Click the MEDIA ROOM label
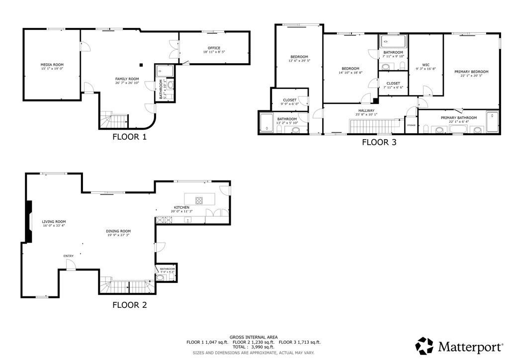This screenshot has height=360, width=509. (52, 65)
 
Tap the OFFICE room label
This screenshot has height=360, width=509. (214, 48)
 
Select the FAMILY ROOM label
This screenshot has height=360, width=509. (127, 79)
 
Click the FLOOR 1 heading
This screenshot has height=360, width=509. (129, 137)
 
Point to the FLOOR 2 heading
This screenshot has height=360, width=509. (129, 305)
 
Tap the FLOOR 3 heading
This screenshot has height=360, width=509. (379, 142)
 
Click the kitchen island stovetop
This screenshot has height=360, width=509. (199, 201)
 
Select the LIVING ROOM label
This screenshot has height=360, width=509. (54, 222)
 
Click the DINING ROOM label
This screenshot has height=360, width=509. (118, 231)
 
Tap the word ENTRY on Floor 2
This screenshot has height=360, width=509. (69, 256)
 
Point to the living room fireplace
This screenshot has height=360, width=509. (29, 222)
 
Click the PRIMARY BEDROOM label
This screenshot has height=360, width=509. (471, 72)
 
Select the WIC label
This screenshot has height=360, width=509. (425, 65)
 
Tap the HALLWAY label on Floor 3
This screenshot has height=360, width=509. (366, 111)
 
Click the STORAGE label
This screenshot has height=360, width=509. (411, 125)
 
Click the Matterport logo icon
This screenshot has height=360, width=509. (424, 346)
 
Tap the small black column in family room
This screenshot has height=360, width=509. (141, 64)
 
